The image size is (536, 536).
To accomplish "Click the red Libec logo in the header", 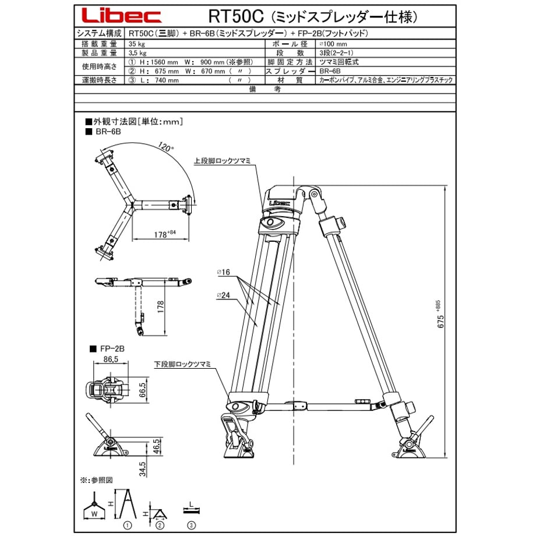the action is (121, 16).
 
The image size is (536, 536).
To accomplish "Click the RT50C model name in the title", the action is (237, 16).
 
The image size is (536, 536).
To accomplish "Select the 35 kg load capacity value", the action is (137, 44).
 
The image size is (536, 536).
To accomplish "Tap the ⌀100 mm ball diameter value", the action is (333, 44).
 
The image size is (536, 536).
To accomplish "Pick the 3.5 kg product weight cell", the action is (137, 53).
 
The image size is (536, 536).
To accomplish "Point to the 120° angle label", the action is (166, 147).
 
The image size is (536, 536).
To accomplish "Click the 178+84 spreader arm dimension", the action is (165, 234).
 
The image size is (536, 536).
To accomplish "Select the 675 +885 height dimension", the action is (440, 314).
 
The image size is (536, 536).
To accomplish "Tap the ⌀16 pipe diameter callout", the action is (223, 272).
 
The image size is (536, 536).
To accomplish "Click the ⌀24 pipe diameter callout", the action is (223, 295).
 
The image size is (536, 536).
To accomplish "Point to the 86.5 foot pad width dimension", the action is (111, 359).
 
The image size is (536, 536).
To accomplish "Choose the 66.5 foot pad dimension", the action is (143, 390).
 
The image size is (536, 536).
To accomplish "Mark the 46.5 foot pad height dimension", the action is (156, 446).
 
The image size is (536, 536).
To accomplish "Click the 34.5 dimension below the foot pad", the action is (143, 469).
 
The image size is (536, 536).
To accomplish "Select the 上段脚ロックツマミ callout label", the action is (222, 161).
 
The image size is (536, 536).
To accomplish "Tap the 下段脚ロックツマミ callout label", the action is (182, 364).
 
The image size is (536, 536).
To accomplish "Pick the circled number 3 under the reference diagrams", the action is (192, 525).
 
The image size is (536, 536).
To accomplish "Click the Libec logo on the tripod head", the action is (280, 203).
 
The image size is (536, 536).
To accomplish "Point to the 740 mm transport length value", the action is (167, 80).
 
